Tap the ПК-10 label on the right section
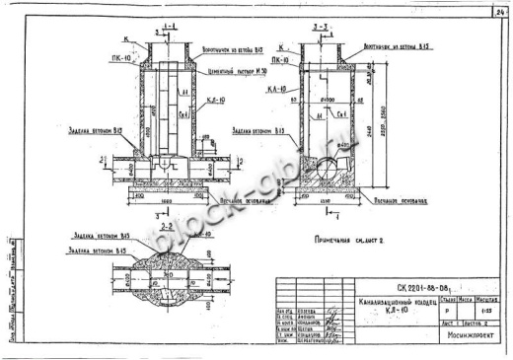coord(281,59)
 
